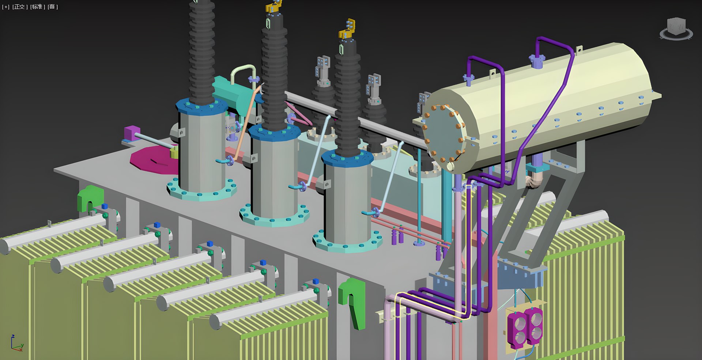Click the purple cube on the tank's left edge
pos(132,133)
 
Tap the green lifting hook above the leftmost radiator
pos(90,197)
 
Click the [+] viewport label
pos(6,7)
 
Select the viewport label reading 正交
pos(20,7)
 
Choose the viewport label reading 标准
pos(37,7)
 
